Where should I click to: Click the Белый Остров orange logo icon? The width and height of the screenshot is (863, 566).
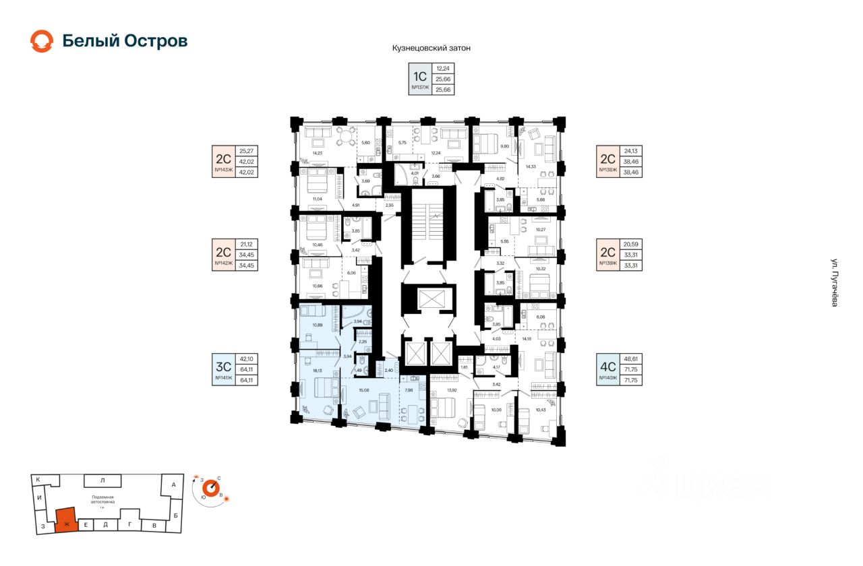coord(42,41)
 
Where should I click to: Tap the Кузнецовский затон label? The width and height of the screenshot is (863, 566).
coord(431,49)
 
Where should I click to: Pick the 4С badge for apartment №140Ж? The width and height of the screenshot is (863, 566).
coord(608,367)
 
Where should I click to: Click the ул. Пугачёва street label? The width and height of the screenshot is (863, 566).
coord(835,283)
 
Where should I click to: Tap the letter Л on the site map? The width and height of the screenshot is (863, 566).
coord(102,480)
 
